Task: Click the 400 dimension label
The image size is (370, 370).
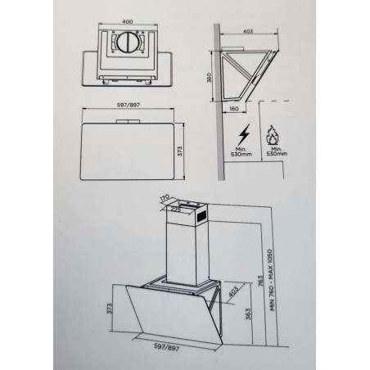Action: pos(128,22)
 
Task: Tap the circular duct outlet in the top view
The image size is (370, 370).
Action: pos(128,43)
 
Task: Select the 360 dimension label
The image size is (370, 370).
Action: pos(210,78)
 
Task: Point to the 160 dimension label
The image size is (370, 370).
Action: pos(234,109)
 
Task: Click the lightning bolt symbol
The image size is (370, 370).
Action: pos(244,134)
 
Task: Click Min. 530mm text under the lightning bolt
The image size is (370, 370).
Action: pos(241,151)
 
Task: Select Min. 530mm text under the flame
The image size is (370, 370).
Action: pos(277,151)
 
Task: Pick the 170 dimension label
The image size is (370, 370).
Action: pos(165,198)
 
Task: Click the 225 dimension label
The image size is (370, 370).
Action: pos(176,210)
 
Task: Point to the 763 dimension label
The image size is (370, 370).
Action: pos(261,281)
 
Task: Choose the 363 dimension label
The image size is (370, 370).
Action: pos(248,314)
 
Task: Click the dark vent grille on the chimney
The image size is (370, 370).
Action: pos(202,216)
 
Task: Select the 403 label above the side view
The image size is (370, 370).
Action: pos(248,31)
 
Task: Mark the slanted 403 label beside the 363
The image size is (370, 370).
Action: pos(233,291)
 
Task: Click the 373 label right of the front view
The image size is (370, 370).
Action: pos(180,151)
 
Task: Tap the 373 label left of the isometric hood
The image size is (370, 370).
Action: pos(109,309)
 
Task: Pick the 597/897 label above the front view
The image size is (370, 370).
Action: pos(128,105)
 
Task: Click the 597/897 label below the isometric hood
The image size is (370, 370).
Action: pos(167,347)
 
